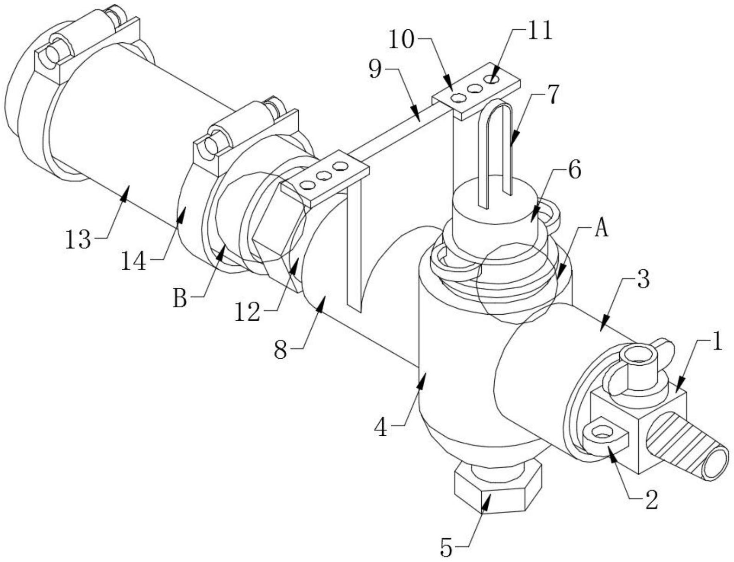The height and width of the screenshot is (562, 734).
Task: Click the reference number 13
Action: pos(79,239)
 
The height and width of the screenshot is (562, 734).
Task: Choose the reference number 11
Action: pos(539,31)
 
